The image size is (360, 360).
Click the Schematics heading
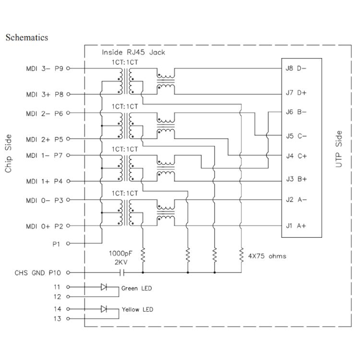[26, 37]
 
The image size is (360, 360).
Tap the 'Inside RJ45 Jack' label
[133, 52]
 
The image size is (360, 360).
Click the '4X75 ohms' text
[268, 256]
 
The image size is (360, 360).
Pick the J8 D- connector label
[296, 69]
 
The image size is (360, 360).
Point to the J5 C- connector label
[296, 136]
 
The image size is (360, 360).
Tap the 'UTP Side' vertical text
[339, 149]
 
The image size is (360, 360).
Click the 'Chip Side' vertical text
[9, 154]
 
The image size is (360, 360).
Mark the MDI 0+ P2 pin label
[45, 226]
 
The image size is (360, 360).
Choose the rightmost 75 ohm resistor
[240, 253]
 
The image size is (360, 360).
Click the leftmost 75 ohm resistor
[143, 253]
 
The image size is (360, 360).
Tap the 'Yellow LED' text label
[137, 310]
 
